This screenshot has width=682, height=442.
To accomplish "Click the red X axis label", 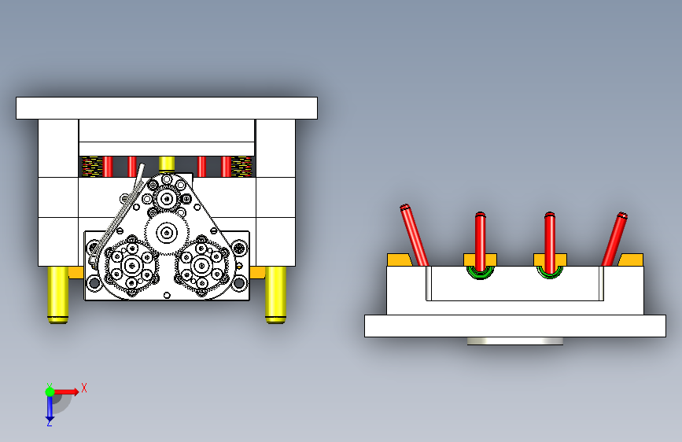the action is pos(84,388).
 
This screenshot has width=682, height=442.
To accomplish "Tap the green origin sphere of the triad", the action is pos(50,392).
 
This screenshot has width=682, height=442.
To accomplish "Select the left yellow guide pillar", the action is pos(58,295).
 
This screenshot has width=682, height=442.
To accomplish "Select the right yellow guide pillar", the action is pos(276,295).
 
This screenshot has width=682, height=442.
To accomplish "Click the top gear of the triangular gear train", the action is pos(167,199).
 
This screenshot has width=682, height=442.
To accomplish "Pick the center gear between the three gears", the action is pos(167,233).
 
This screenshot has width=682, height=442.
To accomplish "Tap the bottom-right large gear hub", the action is pos(201,265).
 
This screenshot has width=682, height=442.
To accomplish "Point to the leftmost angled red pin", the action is pos(414,235).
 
